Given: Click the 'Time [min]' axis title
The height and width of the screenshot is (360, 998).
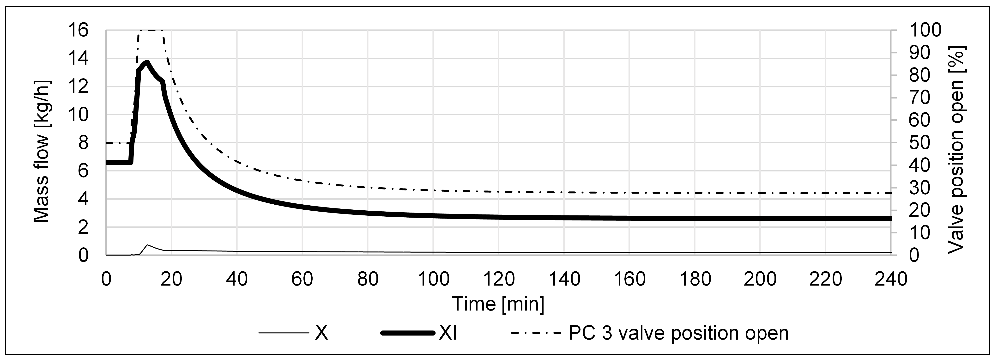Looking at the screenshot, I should click(498, 304).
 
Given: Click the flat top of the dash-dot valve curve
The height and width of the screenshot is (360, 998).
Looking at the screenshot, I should click(151, 30).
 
